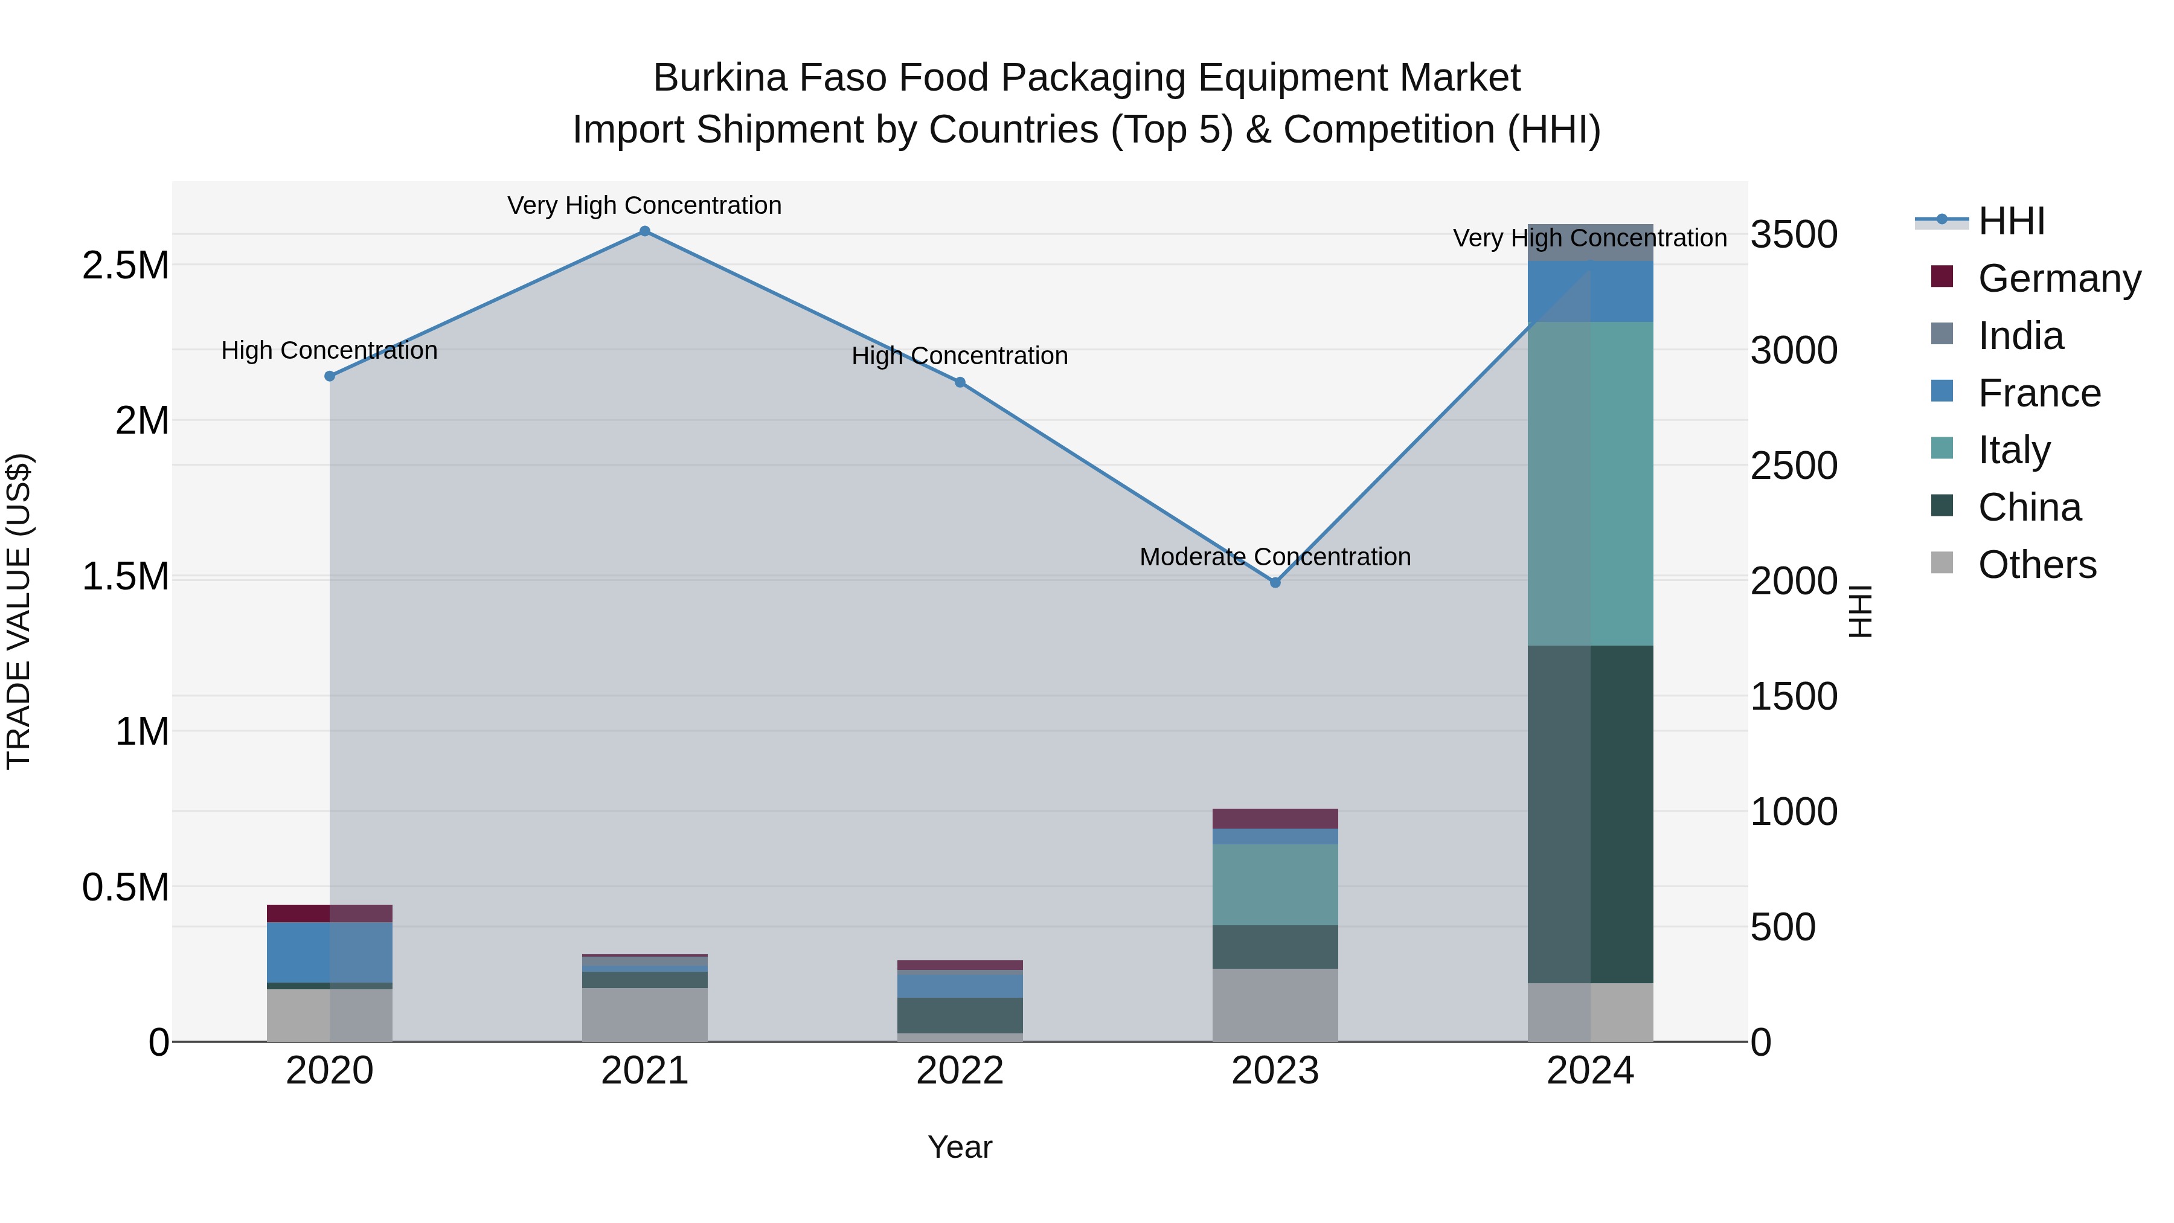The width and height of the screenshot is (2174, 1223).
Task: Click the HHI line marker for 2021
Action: pos(645,231)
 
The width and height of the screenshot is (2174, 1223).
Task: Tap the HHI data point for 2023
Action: pos(1275,582)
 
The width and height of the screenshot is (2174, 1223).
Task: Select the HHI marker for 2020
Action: pos(330,376)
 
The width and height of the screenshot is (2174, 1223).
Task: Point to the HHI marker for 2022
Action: pos(960,382)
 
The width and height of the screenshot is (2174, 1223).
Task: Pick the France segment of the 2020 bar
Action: pos(330,952)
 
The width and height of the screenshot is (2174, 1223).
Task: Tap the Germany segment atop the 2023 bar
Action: pos(1275,819)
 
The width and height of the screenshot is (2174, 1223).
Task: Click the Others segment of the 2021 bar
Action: pos(645,1015)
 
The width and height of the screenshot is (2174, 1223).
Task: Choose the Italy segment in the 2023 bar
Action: pos(1275,885)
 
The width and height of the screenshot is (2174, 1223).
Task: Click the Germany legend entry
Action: pos(2059,278)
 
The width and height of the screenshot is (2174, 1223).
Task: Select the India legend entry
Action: pos(2021,336)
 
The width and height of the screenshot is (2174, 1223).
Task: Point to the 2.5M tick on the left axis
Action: pos(125,266)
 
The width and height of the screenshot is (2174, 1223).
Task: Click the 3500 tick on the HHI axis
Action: pos(1794,235)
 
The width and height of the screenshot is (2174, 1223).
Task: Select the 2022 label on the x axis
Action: pos(960,1071)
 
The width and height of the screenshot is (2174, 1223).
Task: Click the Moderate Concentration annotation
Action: pos(1275,557)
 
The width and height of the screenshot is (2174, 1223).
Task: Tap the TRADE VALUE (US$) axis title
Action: pos(19,611)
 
